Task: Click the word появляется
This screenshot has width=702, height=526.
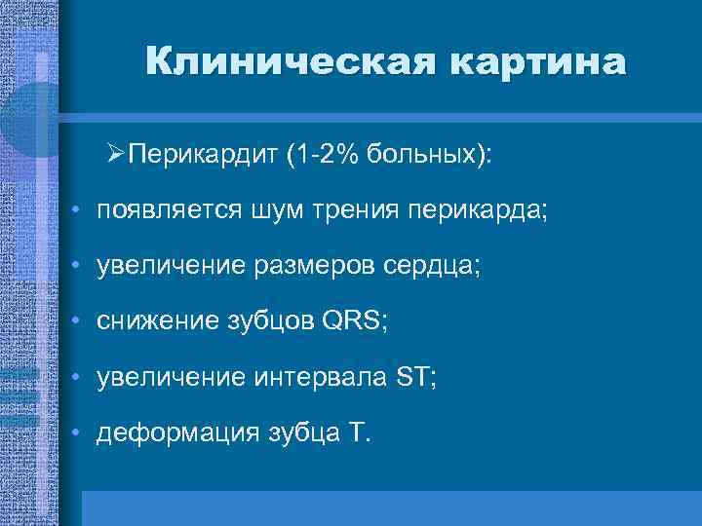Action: [x=160, y=211]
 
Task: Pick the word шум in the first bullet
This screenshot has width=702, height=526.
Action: [x=257, y=211]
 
